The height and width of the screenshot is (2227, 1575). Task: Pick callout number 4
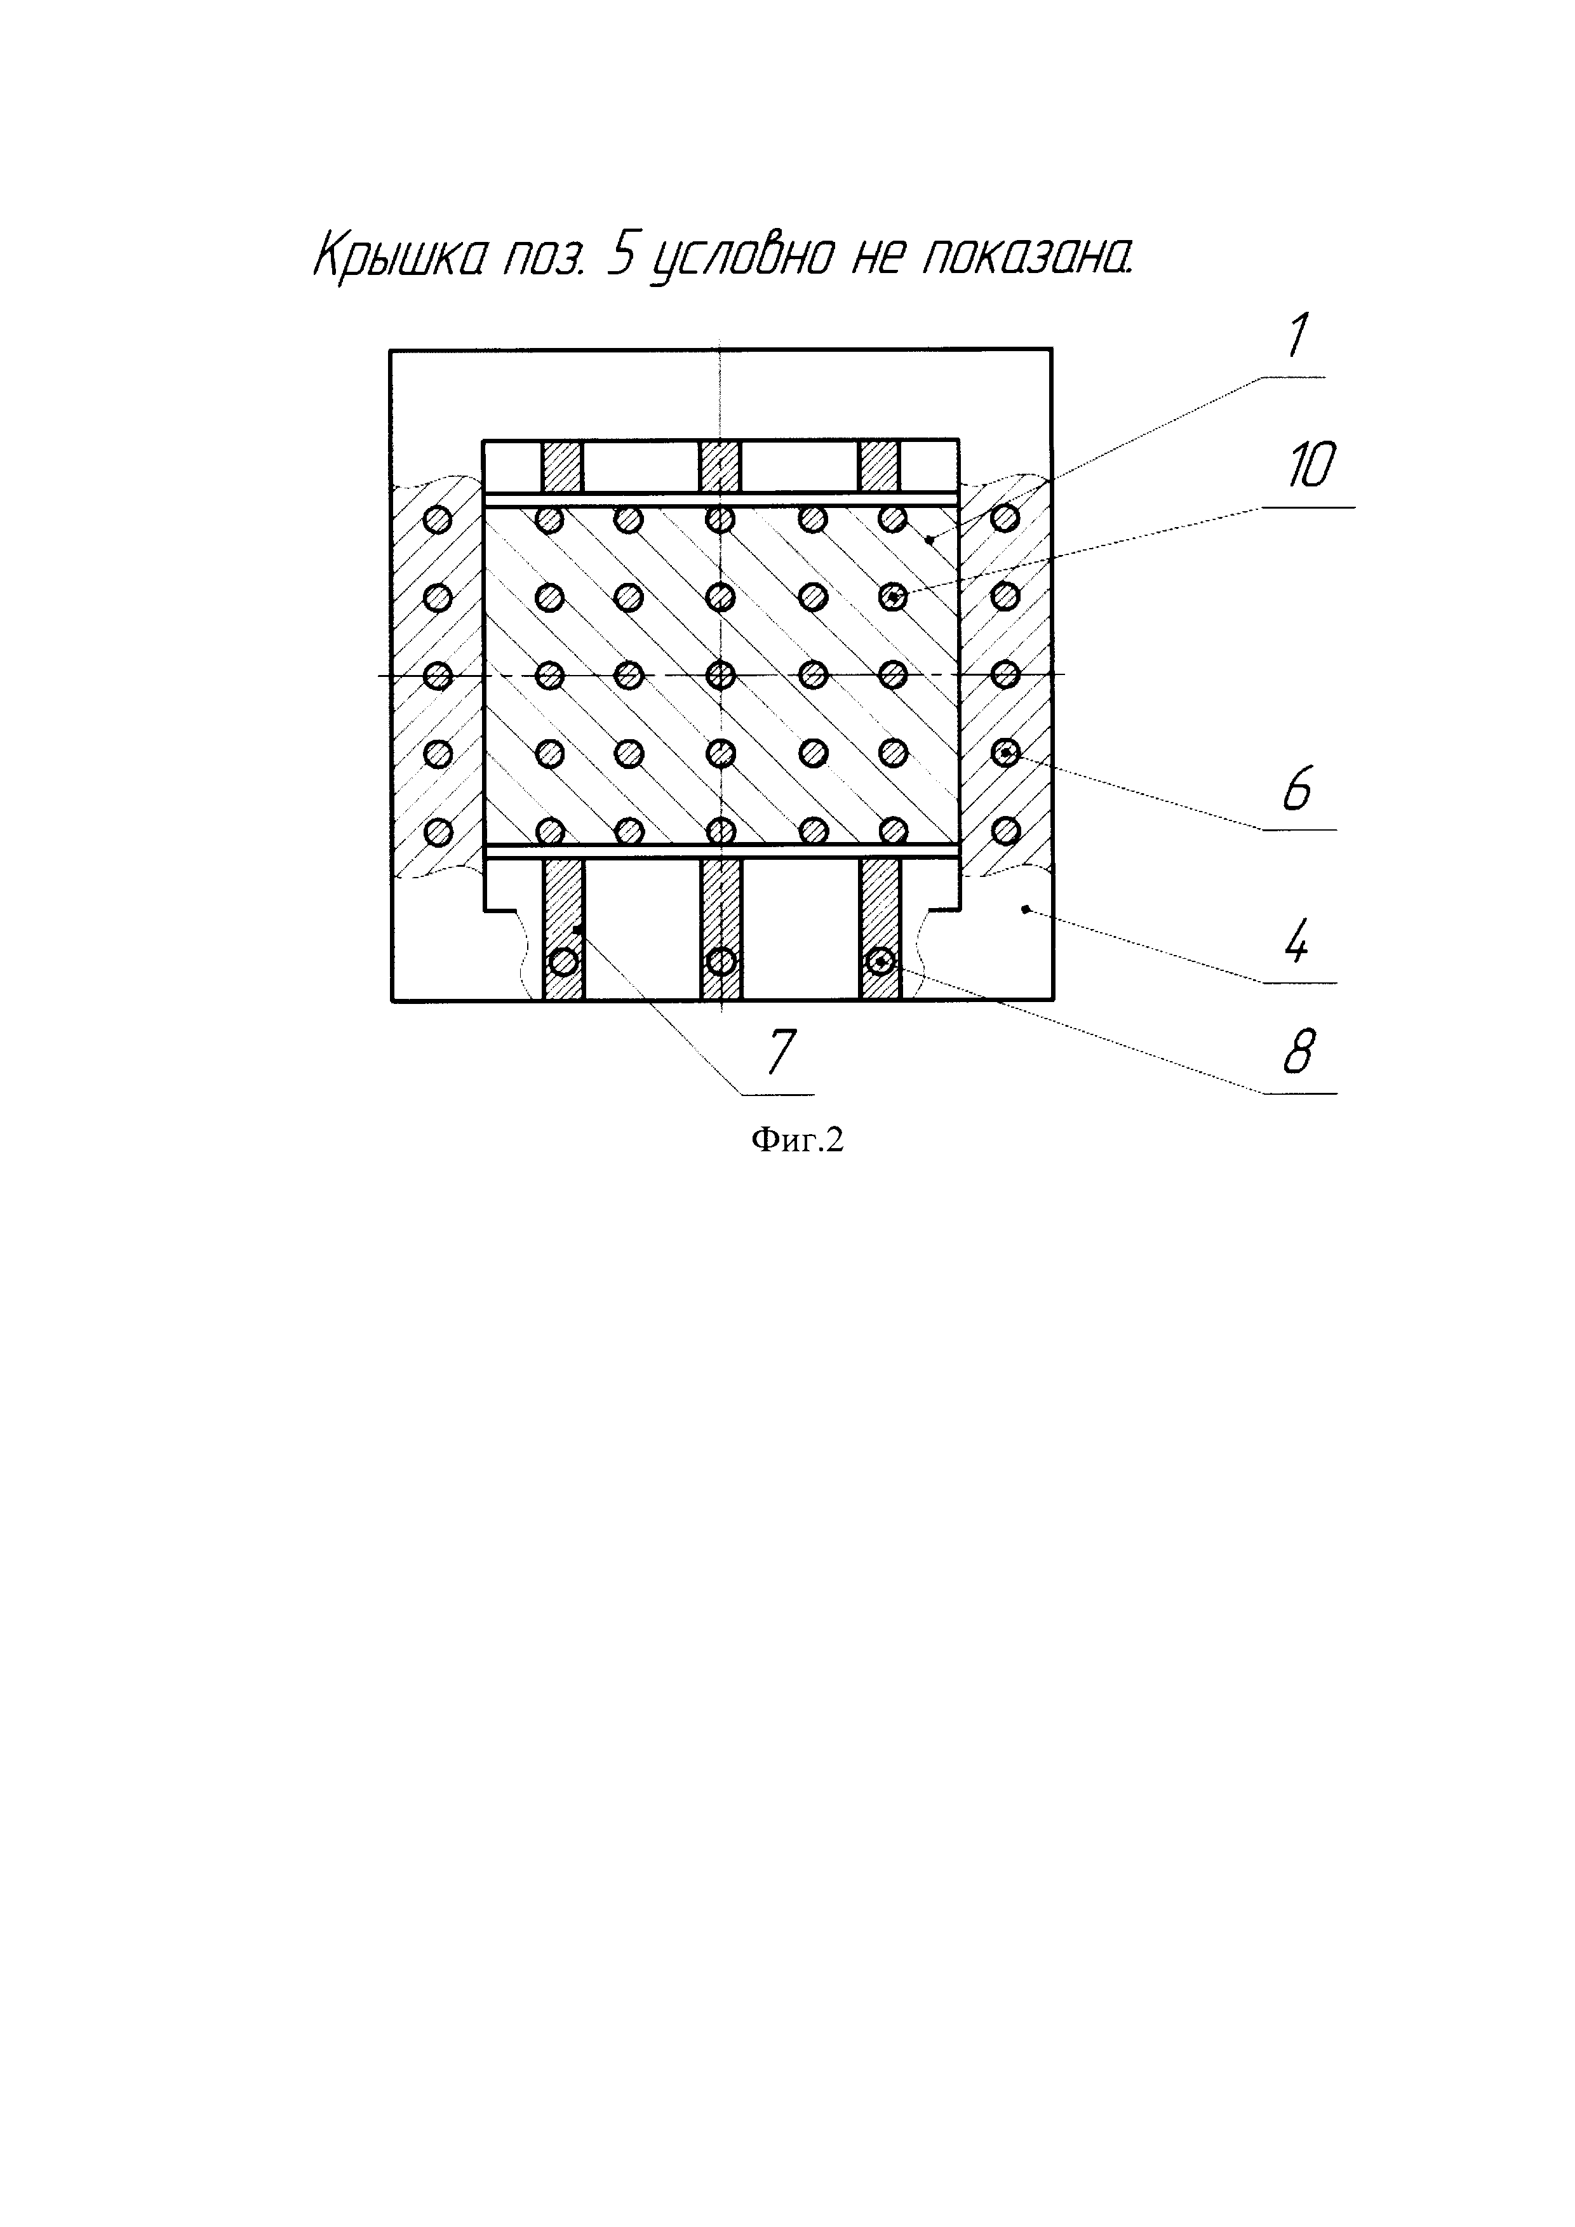coord(1297,941)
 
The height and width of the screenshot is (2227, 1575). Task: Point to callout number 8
coord(1299,1052)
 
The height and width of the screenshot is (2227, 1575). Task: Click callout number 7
coord(781,1052)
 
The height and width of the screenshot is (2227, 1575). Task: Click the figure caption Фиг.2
coord(797,1140)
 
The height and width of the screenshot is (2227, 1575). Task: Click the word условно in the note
coord(742,259)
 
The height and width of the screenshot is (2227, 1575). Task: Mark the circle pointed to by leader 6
coord(1006,752)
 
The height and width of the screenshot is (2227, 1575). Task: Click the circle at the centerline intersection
coord(721,674)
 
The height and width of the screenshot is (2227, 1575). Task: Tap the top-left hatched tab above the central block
coord(561,467)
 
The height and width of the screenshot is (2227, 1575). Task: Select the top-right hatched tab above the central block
coord(880,467)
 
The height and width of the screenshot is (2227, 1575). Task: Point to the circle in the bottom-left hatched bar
coord(563,961)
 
